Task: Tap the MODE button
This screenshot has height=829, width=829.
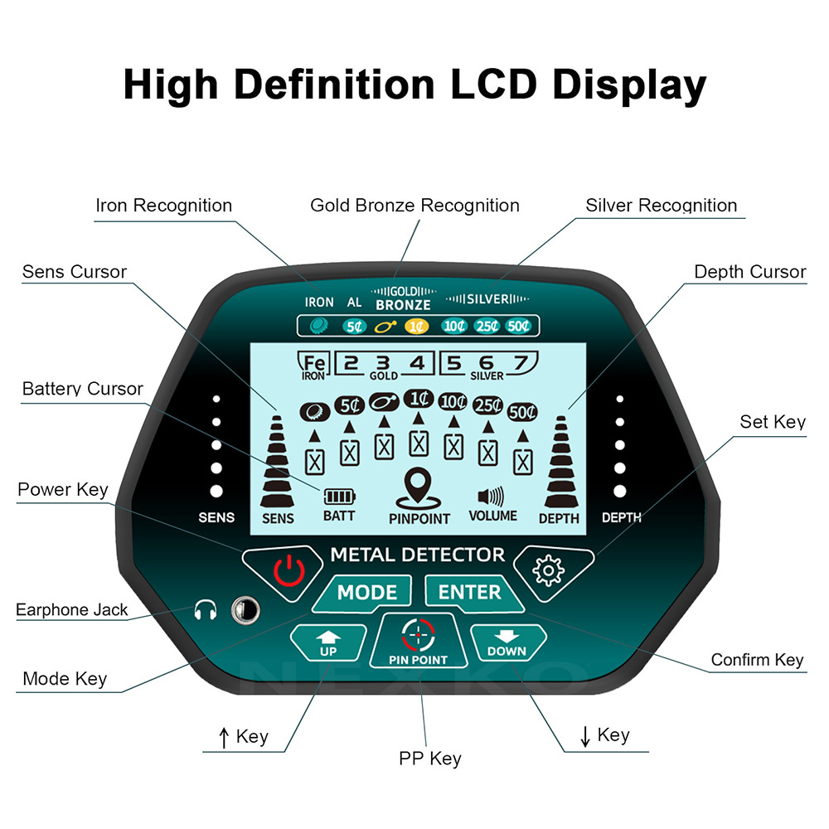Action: pos(366,593)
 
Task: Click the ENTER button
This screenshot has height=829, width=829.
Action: pos(469,593)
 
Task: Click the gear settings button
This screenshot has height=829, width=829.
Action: pos(549,570)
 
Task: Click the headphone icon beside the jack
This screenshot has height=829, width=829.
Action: pos(204,611)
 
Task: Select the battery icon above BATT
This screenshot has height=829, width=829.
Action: pos(338,496)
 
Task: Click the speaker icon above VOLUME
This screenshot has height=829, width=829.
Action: pos(491,497)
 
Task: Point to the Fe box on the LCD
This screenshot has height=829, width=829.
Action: pos(313,364)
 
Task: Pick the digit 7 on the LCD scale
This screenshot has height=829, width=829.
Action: pos(521,362)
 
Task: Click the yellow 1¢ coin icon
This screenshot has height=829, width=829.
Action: pos(415,327)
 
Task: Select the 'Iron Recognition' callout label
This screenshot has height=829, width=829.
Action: pos(164,206)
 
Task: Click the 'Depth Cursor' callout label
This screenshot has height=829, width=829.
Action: pos(749,272)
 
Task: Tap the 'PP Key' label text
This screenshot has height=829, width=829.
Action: pos(429,758)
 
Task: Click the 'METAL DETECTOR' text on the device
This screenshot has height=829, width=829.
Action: pos(417,555)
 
